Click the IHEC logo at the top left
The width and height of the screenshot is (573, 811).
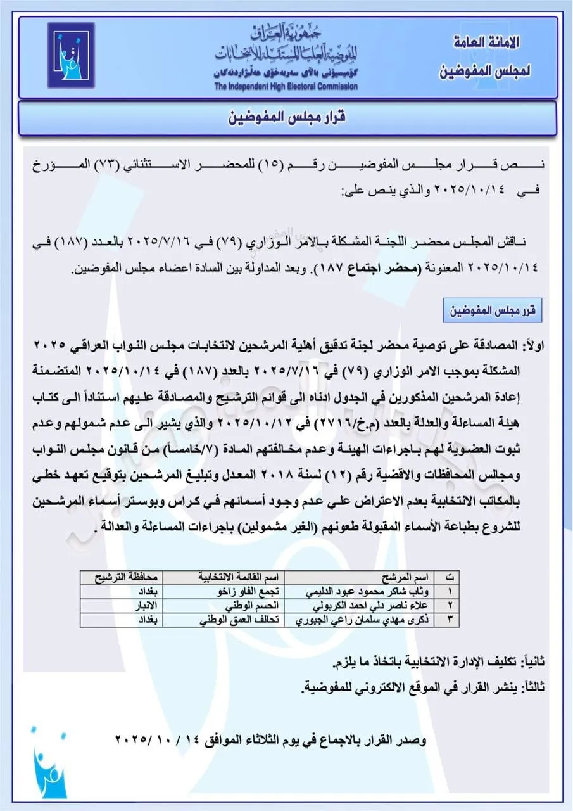coord(70,55)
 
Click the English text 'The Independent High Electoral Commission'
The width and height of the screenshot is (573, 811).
coord(285,86)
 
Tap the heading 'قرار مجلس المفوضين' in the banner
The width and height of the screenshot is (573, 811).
coord(287,118)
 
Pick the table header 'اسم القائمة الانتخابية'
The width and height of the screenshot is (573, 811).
coord(240,577)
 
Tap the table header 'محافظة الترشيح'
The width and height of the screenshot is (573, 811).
coord(121,577)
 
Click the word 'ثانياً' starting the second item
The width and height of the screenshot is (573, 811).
coord(532,662)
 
